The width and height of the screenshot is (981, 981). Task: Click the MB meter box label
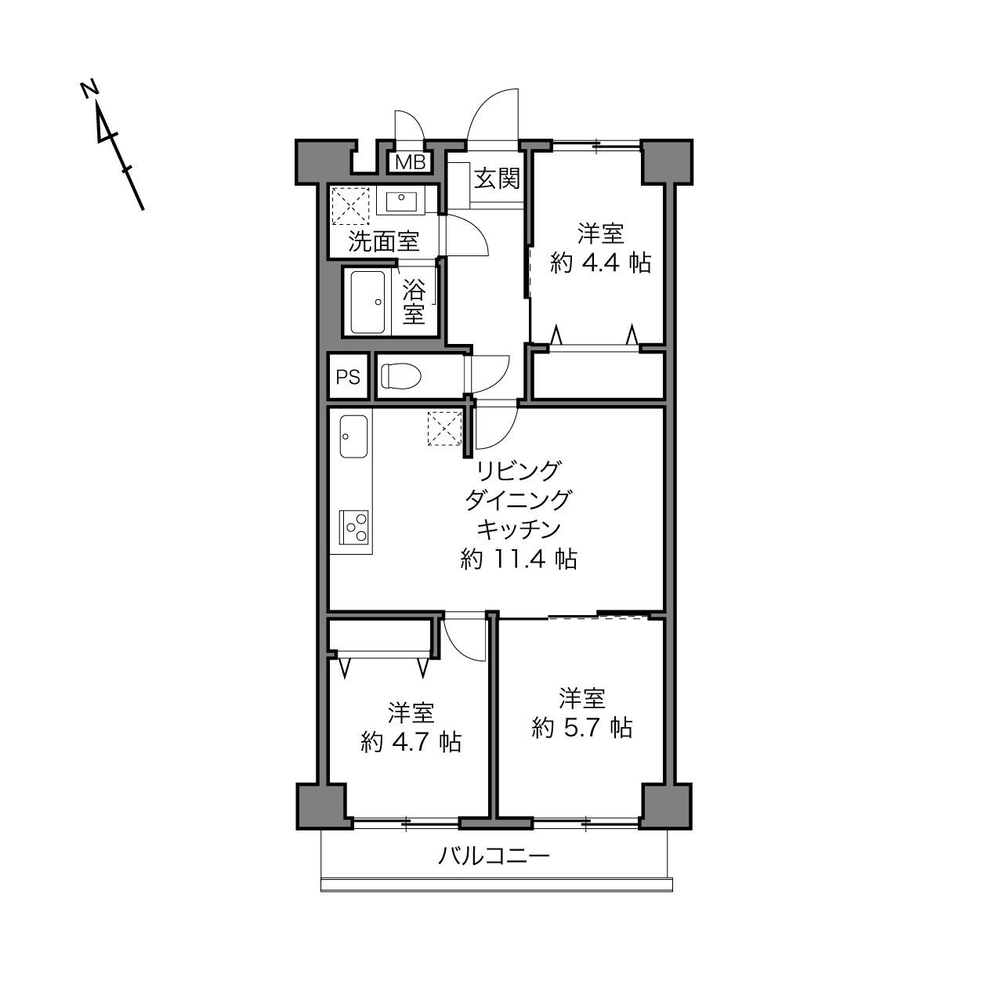[x=411, y=162]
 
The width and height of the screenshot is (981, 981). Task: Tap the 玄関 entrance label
[x=497, y=179]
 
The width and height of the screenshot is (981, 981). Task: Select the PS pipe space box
[x=348, y=377]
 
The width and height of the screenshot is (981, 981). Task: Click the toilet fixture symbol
[x=400, y=376]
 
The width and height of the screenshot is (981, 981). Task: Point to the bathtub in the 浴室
[x=367, y=302]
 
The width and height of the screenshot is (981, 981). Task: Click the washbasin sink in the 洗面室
[x=401, y=201]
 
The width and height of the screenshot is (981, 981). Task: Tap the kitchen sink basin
[x=354, y=436]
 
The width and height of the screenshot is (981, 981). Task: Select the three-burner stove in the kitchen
[x=354, y=527]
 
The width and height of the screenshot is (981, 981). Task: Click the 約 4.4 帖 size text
[x=601, y=262]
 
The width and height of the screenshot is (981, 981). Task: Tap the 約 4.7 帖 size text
[x=411, y=742]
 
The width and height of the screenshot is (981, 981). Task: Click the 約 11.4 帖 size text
[x=519, y=559]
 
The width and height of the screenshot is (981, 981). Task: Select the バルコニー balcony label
[x=494, y=856]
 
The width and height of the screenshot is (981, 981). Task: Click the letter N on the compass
[x=89, y=89]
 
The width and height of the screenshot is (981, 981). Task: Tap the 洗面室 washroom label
[x=384, y=241]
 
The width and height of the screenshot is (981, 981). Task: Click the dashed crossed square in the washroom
[x=350, y=206]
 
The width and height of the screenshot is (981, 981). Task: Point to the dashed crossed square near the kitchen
[x=444, y=429]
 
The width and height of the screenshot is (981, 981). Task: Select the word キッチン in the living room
[x=519, y=530]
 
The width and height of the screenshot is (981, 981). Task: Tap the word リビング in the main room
[x=519, y=470]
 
